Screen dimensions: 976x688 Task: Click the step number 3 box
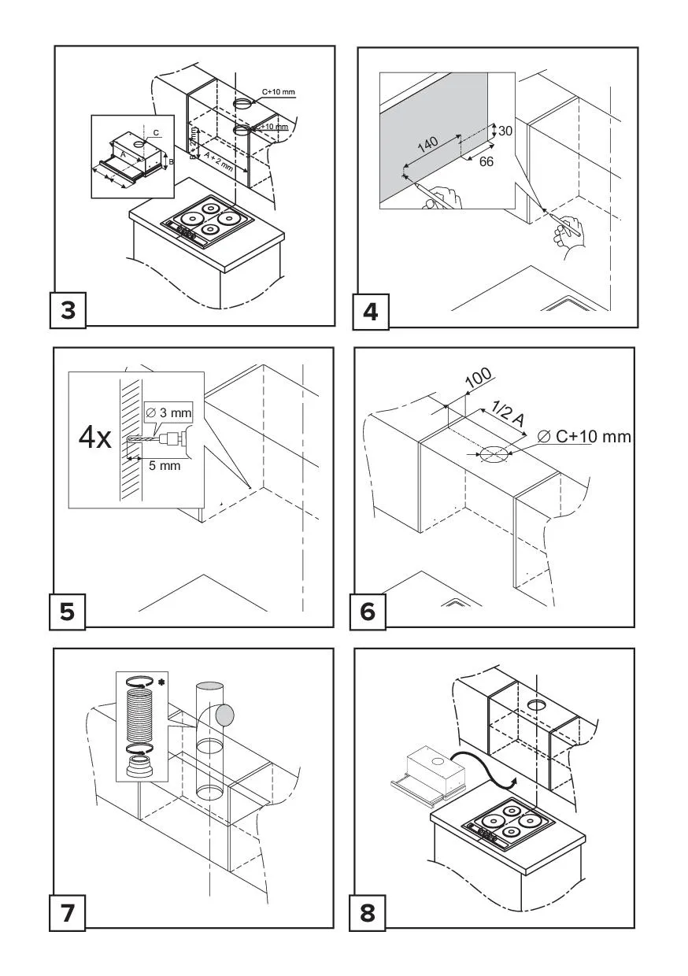68,310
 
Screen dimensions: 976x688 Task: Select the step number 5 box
68,611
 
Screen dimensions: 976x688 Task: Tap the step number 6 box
368,611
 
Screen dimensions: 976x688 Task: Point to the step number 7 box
68,913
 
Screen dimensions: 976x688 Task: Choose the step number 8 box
368,913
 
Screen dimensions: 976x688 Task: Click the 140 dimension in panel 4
427,145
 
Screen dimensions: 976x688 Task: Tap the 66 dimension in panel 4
486,161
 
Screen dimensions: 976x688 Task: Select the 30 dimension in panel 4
505,131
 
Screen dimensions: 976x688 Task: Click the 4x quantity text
95,438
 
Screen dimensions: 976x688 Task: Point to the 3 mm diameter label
169,413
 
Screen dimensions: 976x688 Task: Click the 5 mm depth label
165,465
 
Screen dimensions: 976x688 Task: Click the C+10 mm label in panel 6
583,435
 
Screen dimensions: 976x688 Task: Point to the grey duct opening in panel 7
225,715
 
